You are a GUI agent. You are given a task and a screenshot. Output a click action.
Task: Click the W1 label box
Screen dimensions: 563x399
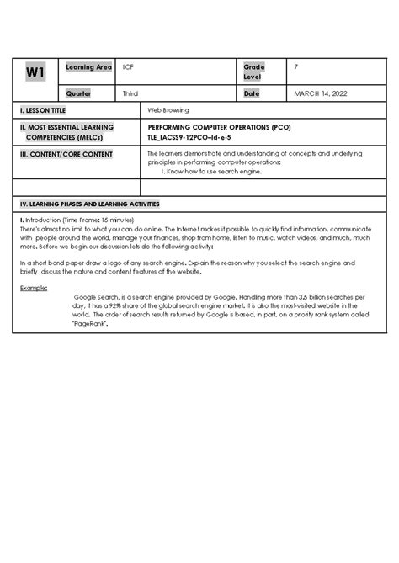point(35,73)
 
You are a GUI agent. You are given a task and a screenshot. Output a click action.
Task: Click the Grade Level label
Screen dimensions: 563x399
point(253,72)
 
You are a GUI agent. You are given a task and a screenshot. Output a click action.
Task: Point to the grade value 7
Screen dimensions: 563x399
point(296,66)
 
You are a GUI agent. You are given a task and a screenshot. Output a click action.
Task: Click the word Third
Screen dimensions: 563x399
point(130,93)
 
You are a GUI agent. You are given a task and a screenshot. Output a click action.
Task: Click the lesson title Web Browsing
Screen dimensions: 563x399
point(168,110)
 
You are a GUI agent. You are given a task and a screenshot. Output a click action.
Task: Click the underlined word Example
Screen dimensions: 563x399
point(34,287)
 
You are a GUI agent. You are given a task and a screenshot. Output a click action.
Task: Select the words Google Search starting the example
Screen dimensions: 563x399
point(98,298)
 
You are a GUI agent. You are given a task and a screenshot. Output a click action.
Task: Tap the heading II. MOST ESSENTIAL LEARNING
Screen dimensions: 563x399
point(69,126)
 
